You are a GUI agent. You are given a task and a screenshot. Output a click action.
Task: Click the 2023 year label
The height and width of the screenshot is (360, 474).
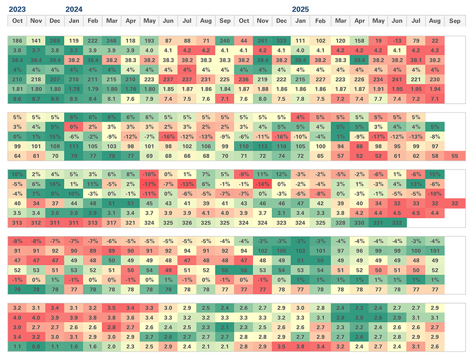pos(17,9)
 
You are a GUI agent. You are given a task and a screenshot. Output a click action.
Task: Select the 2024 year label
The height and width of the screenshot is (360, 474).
pos(74,9)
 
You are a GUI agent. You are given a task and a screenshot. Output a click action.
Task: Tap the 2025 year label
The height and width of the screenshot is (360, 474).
pos(301,9)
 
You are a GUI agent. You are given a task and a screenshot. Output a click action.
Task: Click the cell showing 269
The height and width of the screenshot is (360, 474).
pos(55,41)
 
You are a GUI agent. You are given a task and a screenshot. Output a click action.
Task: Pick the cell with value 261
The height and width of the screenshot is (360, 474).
pos(262,41)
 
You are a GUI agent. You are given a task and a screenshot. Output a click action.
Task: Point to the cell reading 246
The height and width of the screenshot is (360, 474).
pos(112,41)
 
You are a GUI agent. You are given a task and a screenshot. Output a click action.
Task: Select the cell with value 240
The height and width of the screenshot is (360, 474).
pos(225,41)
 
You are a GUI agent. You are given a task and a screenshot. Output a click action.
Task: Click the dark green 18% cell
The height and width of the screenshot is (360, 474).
pos(17,174)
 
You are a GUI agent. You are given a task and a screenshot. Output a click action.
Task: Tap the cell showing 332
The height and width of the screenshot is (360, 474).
pos(397,223)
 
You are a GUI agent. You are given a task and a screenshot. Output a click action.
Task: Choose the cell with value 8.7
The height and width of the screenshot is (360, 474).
pos(36,98)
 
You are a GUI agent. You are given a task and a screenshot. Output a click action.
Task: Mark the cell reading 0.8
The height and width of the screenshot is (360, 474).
pos(36,346)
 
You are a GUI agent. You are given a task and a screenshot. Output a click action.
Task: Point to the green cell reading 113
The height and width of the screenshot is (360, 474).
pos(262,146)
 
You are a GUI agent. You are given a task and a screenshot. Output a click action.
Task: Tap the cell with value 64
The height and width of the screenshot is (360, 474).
pos(17,156)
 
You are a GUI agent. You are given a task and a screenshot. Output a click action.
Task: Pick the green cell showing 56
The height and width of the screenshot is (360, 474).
pos(244,270)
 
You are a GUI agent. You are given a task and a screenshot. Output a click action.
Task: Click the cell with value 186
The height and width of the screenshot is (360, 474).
pos(17,41)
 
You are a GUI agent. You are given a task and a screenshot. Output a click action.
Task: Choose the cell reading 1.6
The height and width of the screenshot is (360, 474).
pos(93,346)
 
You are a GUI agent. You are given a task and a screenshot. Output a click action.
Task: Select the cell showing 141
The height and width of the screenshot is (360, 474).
pos(36,41)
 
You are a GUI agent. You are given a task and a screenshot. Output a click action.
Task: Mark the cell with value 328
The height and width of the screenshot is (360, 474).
pos(341,223)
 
